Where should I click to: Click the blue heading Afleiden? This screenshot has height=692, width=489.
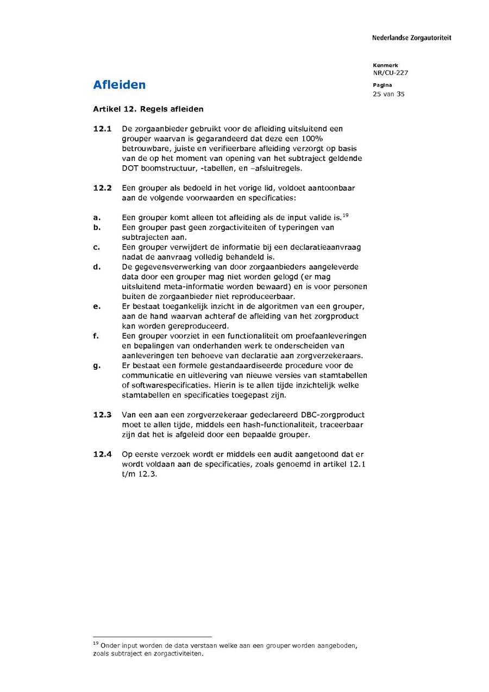119,85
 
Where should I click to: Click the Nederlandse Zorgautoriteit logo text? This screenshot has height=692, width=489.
411,38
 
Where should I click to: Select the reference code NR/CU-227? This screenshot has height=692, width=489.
390,73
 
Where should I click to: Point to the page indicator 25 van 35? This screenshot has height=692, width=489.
388,94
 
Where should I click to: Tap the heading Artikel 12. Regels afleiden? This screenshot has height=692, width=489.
148,109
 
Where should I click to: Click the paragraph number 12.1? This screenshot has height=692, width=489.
102,129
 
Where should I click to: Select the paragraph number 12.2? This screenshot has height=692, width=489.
102,188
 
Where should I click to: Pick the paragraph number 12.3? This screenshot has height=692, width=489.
102,415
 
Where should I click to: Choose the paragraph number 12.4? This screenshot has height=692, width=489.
102,454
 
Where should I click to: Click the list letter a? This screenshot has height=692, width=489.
96,217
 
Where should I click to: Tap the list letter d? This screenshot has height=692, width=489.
96,267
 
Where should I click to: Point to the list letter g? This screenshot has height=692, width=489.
96,365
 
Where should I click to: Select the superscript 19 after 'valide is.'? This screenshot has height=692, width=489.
345,215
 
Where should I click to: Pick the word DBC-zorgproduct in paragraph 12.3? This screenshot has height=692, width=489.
331,415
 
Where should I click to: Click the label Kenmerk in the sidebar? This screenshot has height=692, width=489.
385,65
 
